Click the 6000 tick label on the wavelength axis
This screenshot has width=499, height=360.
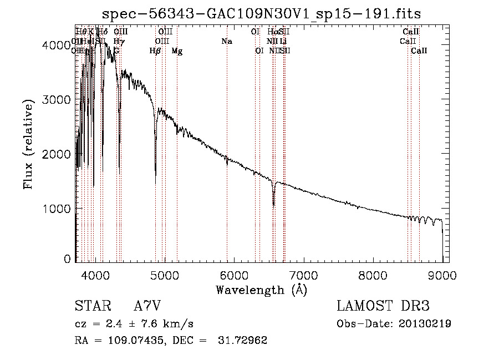[234, 275]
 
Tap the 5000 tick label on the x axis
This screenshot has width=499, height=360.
[164, 275]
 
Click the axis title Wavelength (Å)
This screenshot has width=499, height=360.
[262, 290]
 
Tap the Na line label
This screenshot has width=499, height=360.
[226, 42]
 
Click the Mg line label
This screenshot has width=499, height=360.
[177, 51]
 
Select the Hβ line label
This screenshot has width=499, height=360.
[155, 51]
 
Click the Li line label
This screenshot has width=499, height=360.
[283, 42]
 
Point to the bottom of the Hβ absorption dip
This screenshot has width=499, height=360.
[155, 183]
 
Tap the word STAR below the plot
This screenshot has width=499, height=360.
[91, 306]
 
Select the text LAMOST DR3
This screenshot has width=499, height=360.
[383, 306]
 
